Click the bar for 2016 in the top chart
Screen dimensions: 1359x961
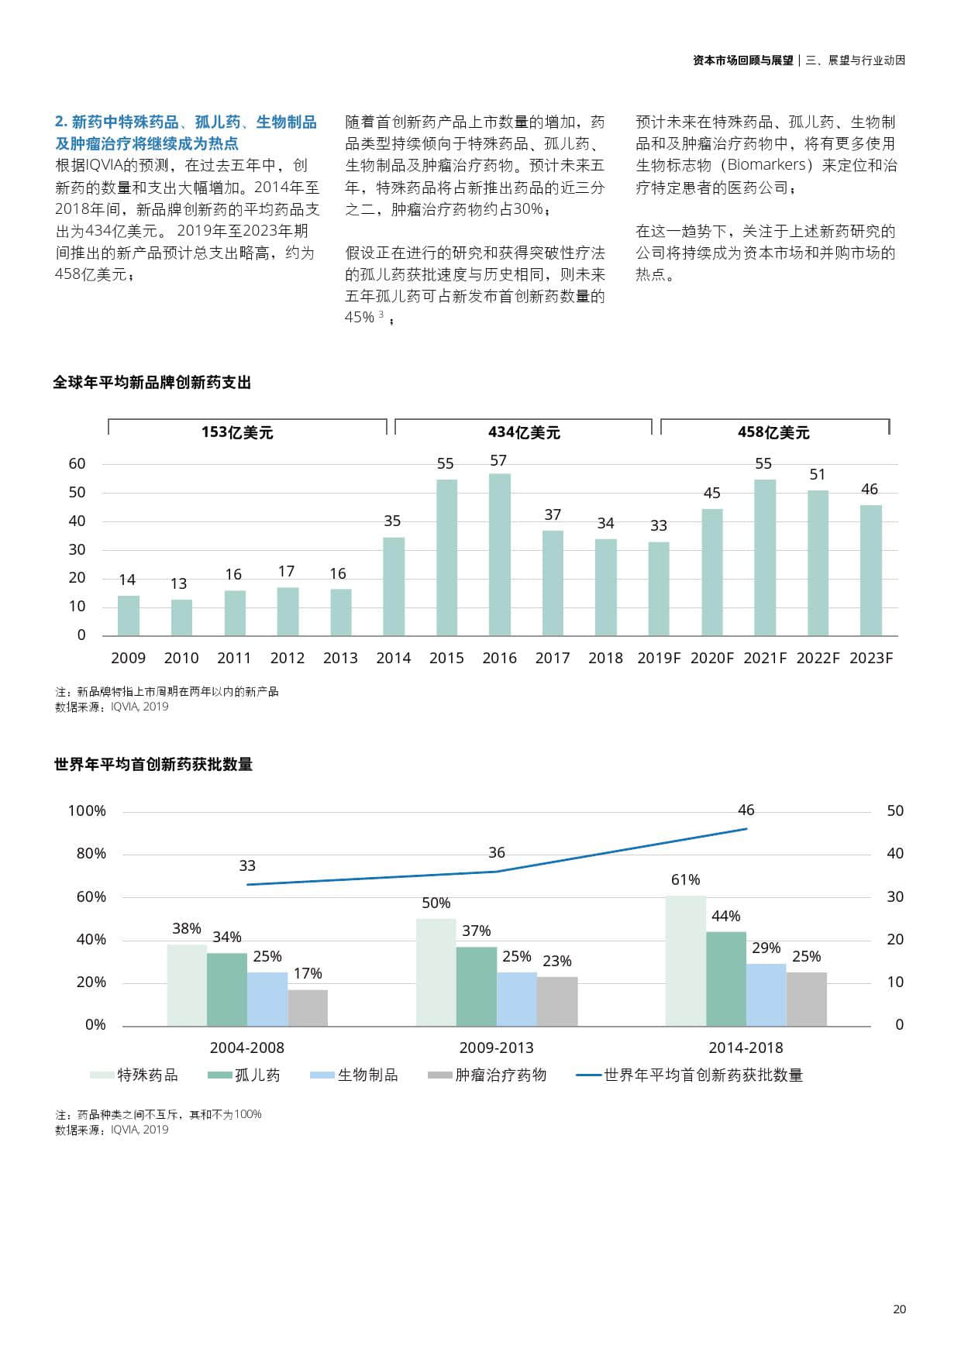(500, 554)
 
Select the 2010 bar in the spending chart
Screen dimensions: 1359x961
(181, 617)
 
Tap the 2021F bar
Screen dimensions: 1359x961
(765, 557)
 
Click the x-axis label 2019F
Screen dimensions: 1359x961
(659, 658)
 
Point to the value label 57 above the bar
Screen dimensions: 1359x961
(498, 460)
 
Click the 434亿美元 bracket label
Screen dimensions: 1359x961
(524, 432)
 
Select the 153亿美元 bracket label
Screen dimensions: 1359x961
(237, 432)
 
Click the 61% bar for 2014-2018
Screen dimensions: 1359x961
(685, 961)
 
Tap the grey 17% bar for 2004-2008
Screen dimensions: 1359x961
(308, 1007)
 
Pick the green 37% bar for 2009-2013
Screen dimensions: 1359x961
(477, 986)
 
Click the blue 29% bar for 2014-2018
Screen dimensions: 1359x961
(766, 995)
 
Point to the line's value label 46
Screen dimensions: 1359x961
(746, 810)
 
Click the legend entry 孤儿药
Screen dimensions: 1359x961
(257, 1075)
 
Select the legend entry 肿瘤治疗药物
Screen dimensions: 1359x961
(500, 1075)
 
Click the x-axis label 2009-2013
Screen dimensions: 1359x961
(496, 1048)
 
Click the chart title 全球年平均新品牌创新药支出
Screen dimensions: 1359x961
(152, 383)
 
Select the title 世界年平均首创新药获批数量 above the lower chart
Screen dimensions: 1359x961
(153, 765)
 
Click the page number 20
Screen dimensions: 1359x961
(899, 1309)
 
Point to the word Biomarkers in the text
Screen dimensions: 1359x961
(766, 165)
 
